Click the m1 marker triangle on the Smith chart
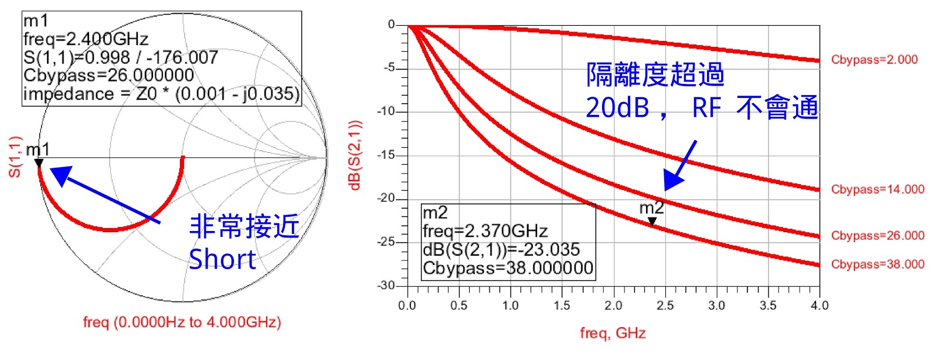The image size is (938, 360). click(39, 163)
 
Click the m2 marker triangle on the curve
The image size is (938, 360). click(652, 221)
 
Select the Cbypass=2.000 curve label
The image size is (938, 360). click(874, 59)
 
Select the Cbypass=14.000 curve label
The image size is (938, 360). click(878, 189)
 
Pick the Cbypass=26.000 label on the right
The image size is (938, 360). click(878, 236)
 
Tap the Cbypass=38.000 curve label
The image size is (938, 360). click(878, 264)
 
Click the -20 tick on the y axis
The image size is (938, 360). click(386, 198)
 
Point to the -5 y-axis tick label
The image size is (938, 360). click(389, 68)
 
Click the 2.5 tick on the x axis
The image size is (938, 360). click(665, 305)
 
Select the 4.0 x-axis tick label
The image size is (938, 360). click(820, 305)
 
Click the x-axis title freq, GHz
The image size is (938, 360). click(613, 333)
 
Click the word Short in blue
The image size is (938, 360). click(222, 259)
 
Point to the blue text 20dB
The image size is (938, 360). click(617, 108)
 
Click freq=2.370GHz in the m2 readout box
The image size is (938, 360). click(485, 231)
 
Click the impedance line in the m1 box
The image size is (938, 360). click(161, 94)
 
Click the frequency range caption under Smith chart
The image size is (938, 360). click(182, 322)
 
